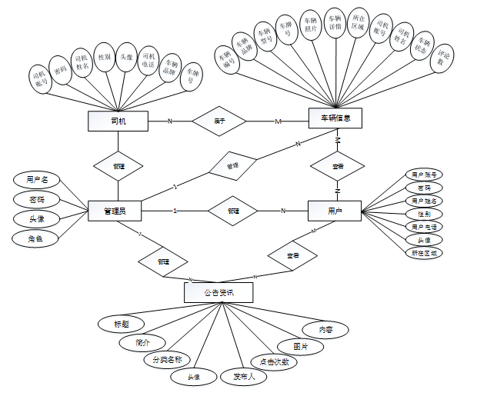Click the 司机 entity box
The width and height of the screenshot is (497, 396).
[x=118, y=121]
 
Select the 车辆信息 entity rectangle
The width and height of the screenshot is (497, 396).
[x=335, y=118]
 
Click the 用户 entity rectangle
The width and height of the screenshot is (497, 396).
[x=335, y=210]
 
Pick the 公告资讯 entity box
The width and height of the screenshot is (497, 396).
[x=218, y=292]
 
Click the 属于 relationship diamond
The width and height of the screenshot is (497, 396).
[x=218, y=121]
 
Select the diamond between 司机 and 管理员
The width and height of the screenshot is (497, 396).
[x=118, y=165]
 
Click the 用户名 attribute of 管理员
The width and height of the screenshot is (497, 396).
[x=37, y=180]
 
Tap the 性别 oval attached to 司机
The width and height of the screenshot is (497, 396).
[x=104, y=58]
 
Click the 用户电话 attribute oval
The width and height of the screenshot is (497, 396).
[x=424, y=227]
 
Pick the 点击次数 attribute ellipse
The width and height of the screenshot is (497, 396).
[x=273, y=362]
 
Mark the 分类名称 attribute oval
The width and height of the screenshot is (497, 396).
[x=166, y=359]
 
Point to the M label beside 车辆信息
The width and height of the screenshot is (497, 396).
[x=279, y=121]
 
